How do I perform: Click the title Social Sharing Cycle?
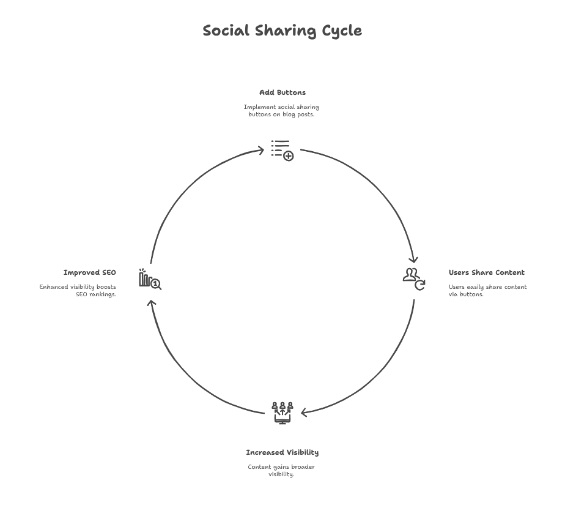click(x=282, y=31)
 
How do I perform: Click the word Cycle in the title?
click(x=342, y=31)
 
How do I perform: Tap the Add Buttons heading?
click(x=282, y=92)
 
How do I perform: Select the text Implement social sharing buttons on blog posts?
click(x=282, y=111)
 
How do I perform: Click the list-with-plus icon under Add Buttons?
click(x=282, y=149)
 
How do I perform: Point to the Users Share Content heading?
click(x=486, y=272)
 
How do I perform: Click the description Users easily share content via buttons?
click(x=487, y=290)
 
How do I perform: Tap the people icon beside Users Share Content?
click(x=413, y=279)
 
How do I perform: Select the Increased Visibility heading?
click(x=282, y=452)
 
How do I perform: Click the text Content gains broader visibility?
click(x=282, y=471)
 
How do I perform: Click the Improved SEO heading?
click(x=90, y=272)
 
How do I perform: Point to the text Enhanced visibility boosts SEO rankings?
click(x=78, y=290)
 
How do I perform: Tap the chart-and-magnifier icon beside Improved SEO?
click(x=149, y=280)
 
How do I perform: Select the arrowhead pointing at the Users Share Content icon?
click(x=414, y=260)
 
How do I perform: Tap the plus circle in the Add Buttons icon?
click(x=289, y=156)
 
